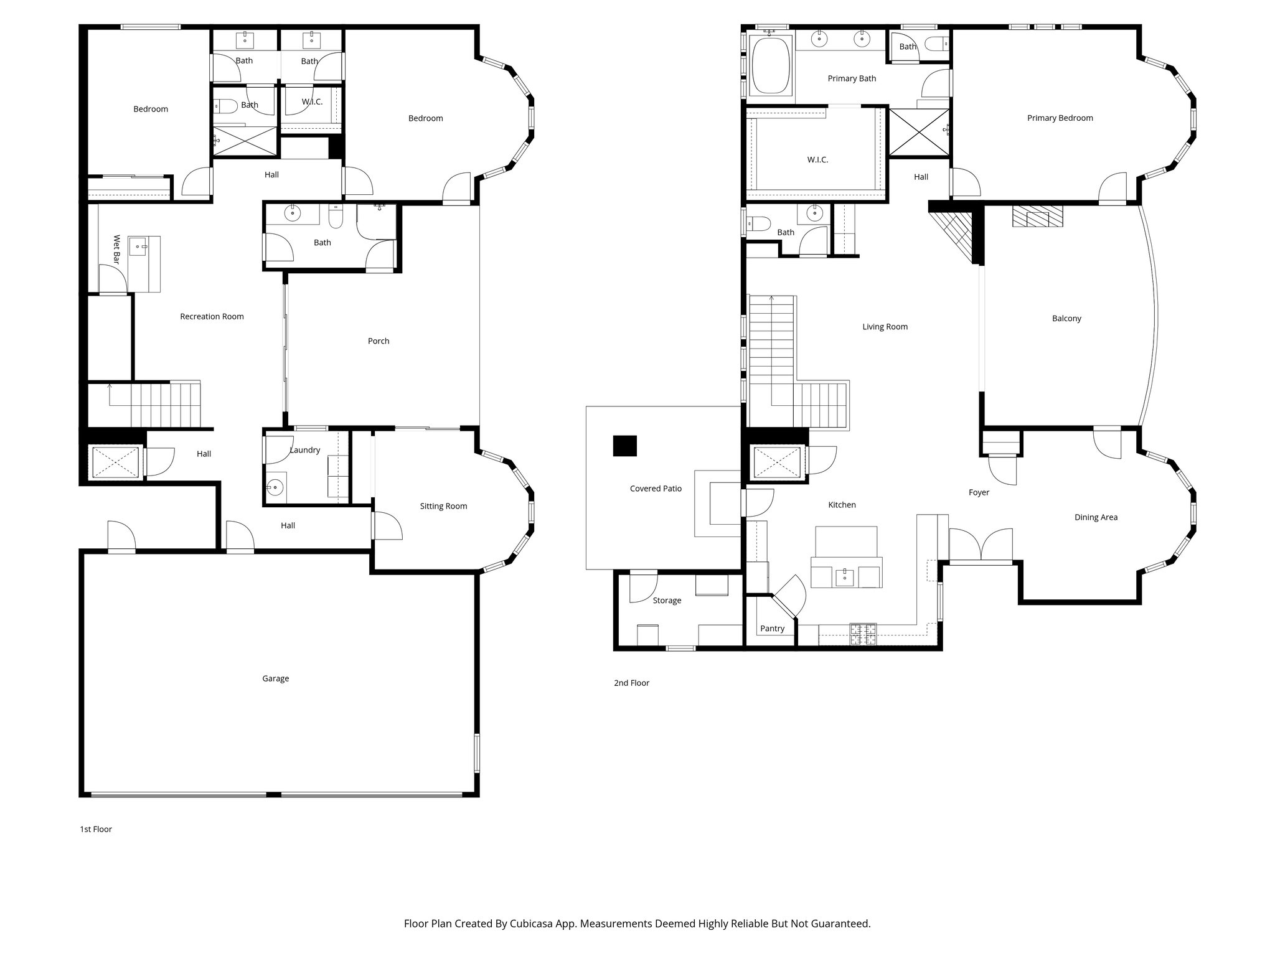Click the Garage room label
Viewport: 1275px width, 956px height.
click(x=275, y=678)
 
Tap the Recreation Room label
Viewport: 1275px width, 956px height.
click(x=212, y=316)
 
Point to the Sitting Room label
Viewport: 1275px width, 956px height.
click(x=443, y=506)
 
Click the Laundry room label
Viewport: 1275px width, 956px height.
click(x=305, y=450)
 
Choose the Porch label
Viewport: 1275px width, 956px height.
click(x=379, y=341)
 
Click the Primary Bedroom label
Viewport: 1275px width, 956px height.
click(x=1060, y=118)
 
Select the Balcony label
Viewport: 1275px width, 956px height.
click(x=1066, y=318)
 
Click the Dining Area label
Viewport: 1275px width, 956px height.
click(x=1096, y=517)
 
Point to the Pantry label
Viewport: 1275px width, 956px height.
click(x=772, y=629)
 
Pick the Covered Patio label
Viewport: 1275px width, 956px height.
click(x=656, y=489)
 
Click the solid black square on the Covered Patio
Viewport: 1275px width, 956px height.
click(x=625, y=446)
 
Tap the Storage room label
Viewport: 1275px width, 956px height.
click(x=667, y=601)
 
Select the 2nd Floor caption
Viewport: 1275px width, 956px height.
click(x=631, y=683)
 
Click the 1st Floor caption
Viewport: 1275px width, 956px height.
click(x=96, y=829)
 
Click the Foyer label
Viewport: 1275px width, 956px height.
click(x=979, y=492)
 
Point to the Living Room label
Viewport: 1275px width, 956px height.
click(x=885, y=327)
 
